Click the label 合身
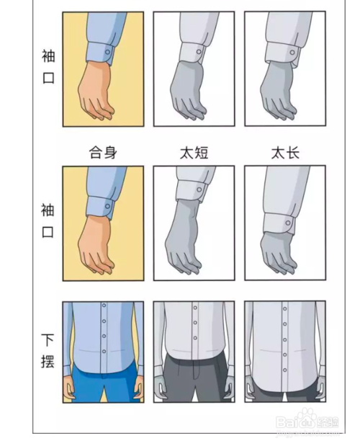coord(102,153)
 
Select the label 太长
coord(284,153)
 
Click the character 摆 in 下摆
coord(48,360)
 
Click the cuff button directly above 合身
coord(107,51)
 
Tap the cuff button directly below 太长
coord(288,223)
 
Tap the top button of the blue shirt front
coord(104,307)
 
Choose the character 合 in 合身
coord(95,153)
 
